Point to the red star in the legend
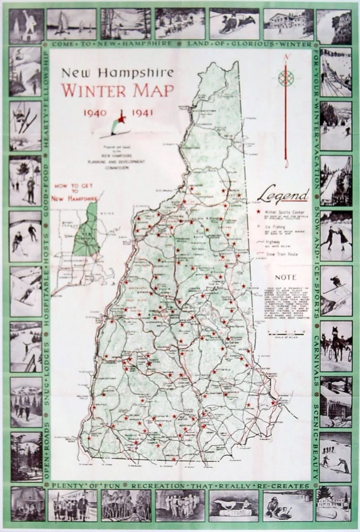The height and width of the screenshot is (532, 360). tap(259, 212)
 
